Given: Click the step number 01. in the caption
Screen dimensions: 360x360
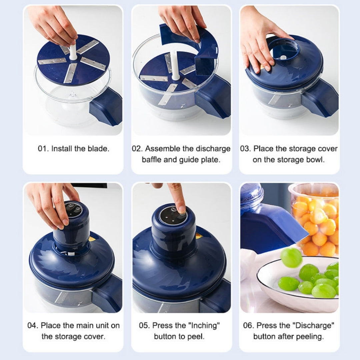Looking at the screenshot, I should pos(43,149).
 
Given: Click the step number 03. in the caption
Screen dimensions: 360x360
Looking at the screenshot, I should pos(246,149).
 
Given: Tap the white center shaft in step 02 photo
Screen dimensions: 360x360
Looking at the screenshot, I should pos(175,67).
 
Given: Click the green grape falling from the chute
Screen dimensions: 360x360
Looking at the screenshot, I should pos(291,257).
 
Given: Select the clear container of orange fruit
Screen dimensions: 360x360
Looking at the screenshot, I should pos(315,217).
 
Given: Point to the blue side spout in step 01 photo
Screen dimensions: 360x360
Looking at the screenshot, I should pos(106,106).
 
